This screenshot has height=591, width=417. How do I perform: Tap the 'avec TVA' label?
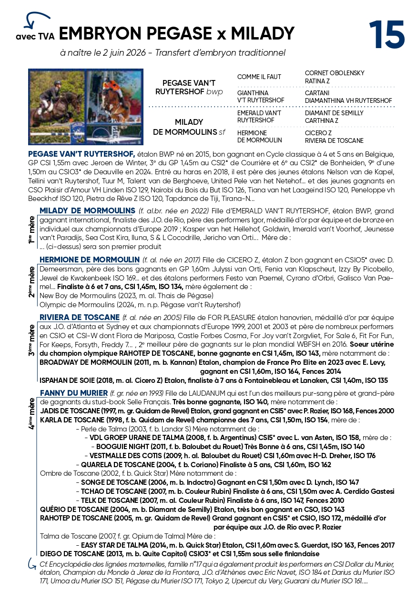(35, 36)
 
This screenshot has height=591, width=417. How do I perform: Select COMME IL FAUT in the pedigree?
(259, 77)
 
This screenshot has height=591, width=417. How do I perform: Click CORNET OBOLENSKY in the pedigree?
(335, 73)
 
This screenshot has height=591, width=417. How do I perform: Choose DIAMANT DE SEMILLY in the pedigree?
(334, 113)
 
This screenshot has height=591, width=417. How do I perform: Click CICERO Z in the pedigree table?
(318, 133)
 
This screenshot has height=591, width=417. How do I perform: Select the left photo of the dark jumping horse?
(57, 107)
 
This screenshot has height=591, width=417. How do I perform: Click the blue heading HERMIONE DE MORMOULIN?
(90, 260)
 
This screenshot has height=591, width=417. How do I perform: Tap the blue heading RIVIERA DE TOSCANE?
(80, 318)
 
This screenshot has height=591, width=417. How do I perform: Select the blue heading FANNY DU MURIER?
(74, 393)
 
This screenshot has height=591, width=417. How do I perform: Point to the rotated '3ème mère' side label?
(31, 341)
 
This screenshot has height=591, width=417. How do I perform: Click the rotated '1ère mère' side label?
(31, 228)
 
